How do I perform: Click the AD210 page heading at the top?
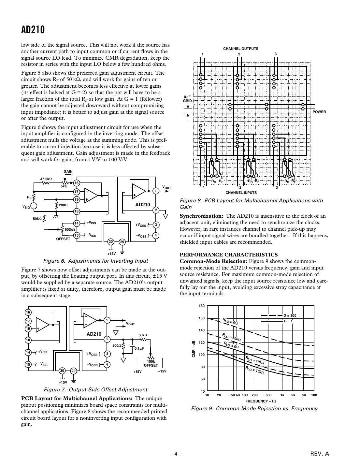click(33, 30)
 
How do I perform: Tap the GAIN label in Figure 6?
click(68, 171)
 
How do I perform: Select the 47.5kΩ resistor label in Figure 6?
click(46, 179)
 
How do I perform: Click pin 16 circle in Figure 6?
click(77, 183)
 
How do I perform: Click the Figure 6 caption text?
click(95, 261)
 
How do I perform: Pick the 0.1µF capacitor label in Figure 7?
click(139, 348)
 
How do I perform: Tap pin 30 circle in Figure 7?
click(62, 371)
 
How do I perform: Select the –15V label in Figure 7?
click(162, 371)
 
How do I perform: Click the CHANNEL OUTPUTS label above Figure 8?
click(240, 49)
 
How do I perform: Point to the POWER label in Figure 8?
click(319, 112)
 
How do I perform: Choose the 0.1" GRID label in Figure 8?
click(187, 99)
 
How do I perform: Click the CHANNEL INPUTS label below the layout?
click(241, 193)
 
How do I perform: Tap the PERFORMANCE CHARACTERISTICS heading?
click(229, 255)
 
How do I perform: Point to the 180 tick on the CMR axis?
click(202, 306)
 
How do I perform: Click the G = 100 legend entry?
click(290, 315)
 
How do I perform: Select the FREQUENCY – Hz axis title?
click(261, 401)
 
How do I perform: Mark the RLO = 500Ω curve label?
click(231, 337)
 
